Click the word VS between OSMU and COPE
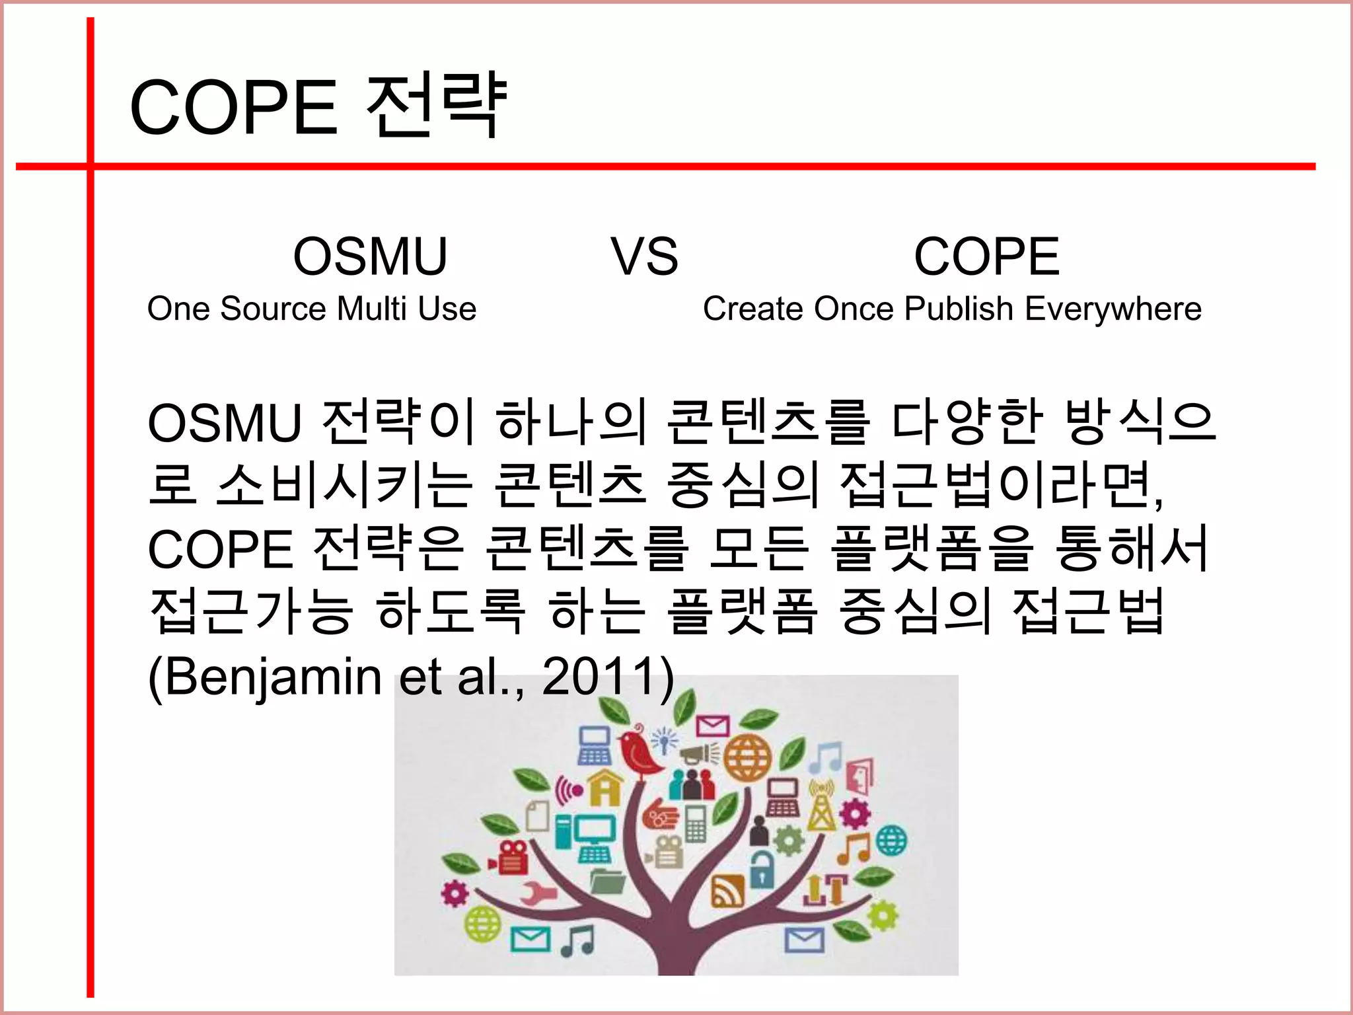(644, 256)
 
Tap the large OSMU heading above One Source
(370, 256)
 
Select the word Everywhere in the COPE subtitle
(1113, 309)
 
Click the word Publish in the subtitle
(959, 309)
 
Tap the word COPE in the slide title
(233, 107)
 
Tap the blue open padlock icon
(762, 867)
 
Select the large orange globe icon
(748, 757)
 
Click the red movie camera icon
(509, 857)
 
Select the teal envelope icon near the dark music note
(530, 938)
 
